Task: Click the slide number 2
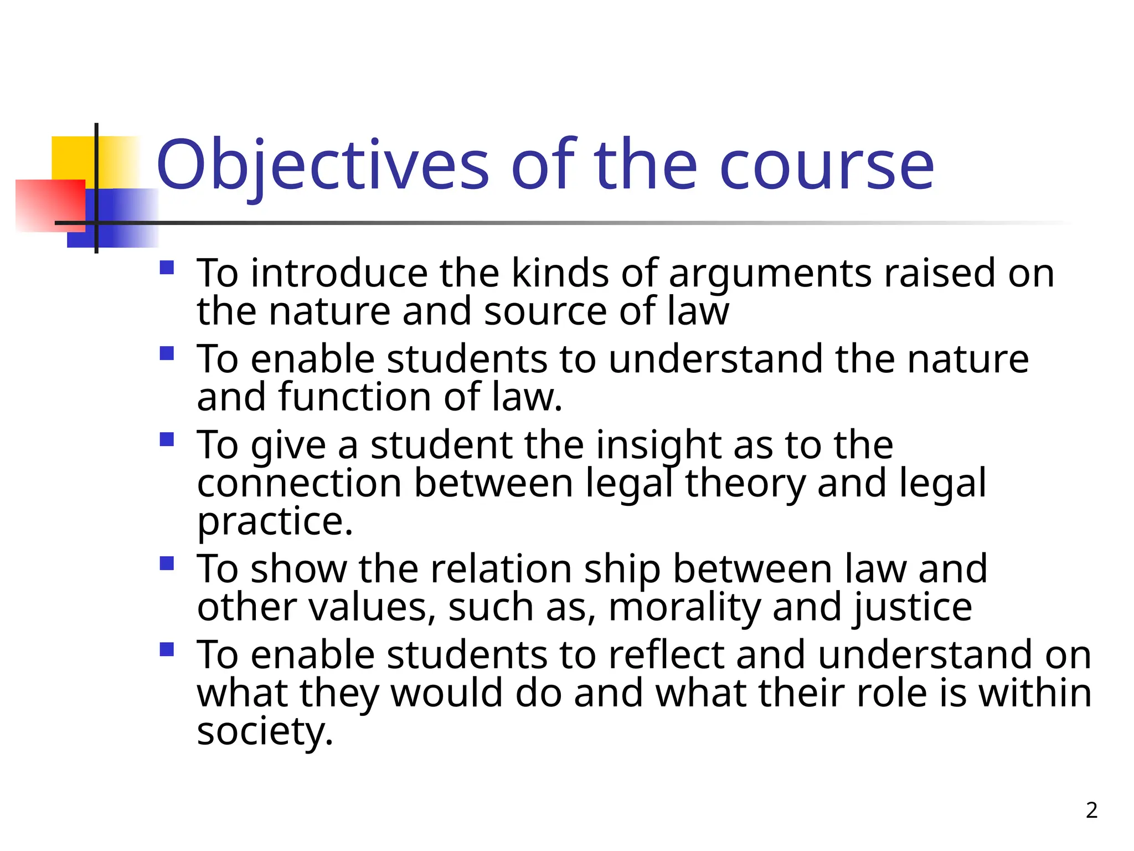point(1091,810)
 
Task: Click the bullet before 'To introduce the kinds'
point(167,268)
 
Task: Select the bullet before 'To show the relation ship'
point(167,563)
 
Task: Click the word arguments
point(770,274)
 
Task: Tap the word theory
point(745,484)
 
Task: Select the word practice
point(275,522)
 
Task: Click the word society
point(265,732)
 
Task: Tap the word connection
point(299,484)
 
